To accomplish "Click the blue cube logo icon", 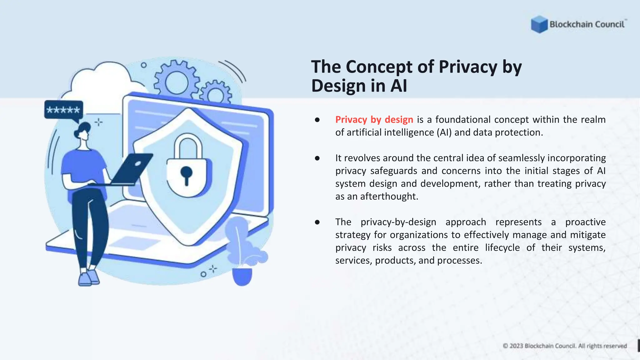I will point(539,24).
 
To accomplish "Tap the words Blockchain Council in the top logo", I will point(587,24).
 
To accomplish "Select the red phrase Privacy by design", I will point(374,119).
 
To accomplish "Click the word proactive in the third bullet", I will point(585,222).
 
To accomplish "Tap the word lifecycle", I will point(502,247).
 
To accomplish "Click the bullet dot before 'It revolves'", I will point(317,158).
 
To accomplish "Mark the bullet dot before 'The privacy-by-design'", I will point(317,222).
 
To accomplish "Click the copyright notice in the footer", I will point(565,346).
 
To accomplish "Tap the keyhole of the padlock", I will point(186,174).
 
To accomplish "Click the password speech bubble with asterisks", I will point(63,110).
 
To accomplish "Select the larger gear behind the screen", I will point(177,81).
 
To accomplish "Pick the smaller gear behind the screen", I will point(216,93).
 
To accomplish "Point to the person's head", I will point(82,131).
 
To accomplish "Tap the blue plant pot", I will point(242,276).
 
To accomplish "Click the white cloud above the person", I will point(100,80).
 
